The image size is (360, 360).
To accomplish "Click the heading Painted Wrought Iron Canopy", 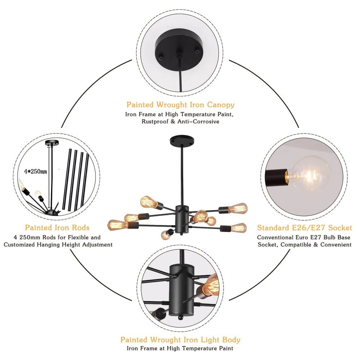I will (180, 105).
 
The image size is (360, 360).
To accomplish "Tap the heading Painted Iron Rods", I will (57, 228).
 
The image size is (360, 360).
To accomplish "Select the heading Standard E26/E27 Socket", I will (305, 228).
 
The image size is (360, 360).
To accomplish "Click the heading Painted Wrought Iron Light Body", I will (180, 339).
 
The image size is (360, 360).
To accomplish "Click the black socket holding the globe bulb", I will (276, 175).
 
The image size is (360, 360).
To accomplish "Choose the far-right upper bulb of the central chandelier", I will (239, 208).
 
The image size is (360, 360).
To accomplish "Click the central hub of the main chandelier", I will (180, 216).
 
